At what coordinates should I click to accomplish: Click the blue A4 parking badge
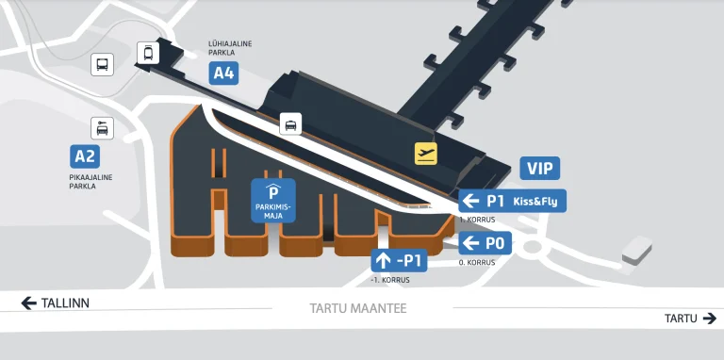[x=223, y=74]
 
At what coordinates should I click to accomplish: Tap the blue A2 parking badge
[x=85, y=155]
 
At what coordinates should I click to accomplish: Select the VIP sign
[x=540, y=169]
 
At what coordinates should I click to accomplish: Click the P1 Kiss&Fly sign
[x=512, y=201]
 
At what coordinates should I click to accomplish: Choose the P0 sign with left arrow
[x=485, y=244]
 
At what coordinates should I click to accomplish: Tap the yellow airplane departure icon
[x=427, y=153]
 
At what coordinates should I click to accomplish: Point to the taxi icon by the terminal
[x=290, y=123]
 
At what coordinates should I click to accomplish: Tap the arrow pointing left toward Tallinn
[x=28, y=303]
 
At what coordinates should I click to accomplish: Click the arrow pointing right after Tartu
[x=709, y=319]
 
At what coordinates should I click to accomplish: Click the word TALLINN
[x=66, y=303]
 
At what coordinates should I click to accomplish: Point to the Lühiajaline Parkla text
[x=230, y=48]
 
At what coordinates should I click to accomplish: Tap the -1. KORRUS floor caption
[x=389, y=280]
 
